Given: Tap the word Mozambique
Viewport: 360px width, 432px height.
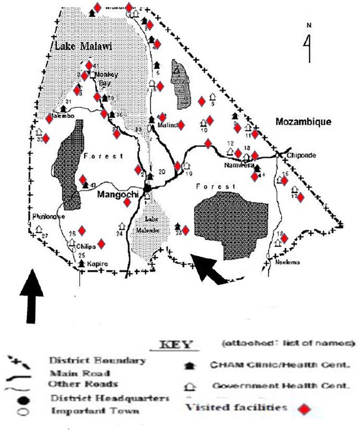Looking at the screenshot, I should (303, 122).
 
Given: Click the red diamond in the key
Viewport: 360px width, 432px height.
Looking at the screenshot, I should (304, 410).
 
